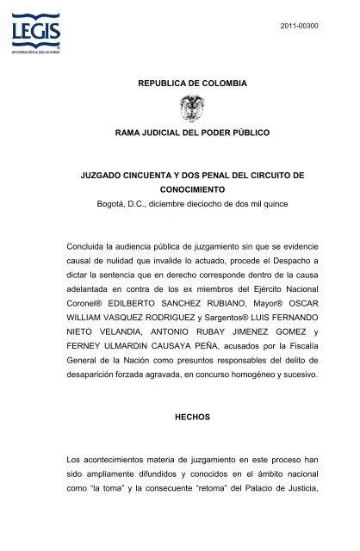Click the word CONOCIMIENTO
(192, 189)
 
